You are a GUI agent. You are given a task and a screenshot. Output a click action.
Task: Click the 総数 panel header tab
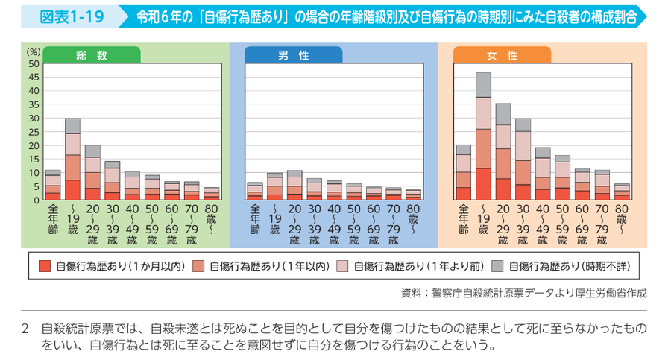click(x=91, y=55)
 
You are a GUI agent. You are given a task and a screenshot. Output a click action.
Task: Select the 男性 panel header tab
click(x=294, y=55)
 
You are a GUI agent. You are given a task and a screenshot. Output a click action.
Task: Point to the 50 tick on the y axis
click(x=33, y=64)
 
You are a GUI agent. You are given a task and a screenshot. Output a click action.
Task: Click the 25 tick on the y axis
click(x=33, y=132)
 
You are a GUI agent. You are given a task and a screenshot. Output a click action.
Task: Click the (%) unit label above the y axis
click(x=32, y=52)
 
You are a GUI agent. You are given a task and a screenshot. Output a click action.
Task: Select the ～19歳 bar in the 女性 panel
click(x=483, y=136)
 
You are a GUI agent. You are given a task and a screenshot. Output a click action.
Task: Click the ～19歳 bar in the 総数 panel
click(x=72, y=160)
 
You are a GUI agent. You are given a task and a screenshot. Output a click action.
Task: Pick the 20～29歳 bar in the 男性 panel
click(x=294, y=186)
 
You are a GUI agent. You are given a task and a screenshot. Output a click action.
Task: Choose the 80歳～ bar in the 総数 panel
click(x=212, y=194)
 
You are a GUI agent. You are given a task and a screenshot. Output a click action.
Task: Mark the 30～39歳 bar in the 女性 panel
click(x=523, y=160)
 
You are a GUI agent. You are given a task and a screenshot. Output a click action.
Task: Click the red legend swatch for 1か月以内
click(x=43, y=266)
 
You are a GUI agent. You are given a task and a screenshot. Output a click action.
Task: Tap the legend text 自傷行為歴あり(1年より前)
click(x=418, y=266)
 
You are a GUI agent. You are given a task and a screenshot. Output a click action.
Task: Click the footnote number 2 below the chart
click(x=25, y=328)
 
